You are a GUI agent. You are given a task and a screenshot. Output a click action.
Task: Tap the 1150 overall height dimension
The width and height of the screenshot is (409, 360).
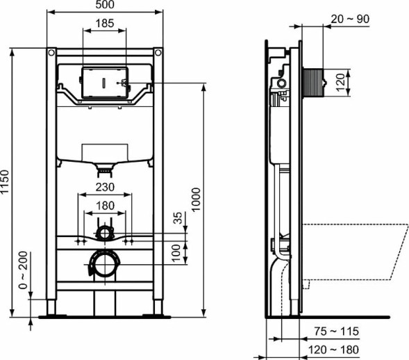(x=6, y=182)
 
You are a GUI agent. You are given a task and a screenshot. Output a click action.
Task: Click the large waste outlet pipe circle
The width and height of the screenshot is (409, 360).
(x=104, y=265)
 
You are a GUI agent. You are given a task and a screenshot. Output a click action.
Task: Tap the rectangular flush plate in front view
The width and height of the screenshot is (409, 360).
(x=104, y=83)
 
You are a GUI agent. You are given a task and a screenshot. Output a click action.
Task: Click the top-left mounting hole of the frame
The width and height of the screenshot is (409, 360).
(x=50, y=52)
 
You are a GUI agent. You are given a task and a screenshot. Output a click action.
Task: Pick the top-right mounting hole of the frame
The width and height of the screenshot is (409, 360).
(x=158, y=52)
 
